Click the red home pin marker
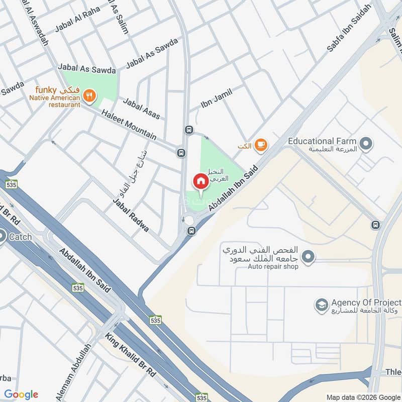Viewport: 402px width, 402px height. coord(200,181)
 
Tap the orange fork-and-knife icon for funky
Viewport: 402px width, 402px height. coord(89,95)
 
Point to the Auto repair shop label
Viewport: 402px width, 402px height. coord(273,266)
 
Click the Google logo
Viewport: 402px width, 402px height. coord(21,394)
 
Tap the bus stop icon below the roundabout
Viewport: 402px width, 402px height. coord(191,231)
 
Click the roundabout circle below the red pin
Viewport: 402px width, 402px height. coord(189,220)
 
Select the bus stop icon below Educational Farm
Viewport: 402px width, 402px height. coord(375,225)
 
